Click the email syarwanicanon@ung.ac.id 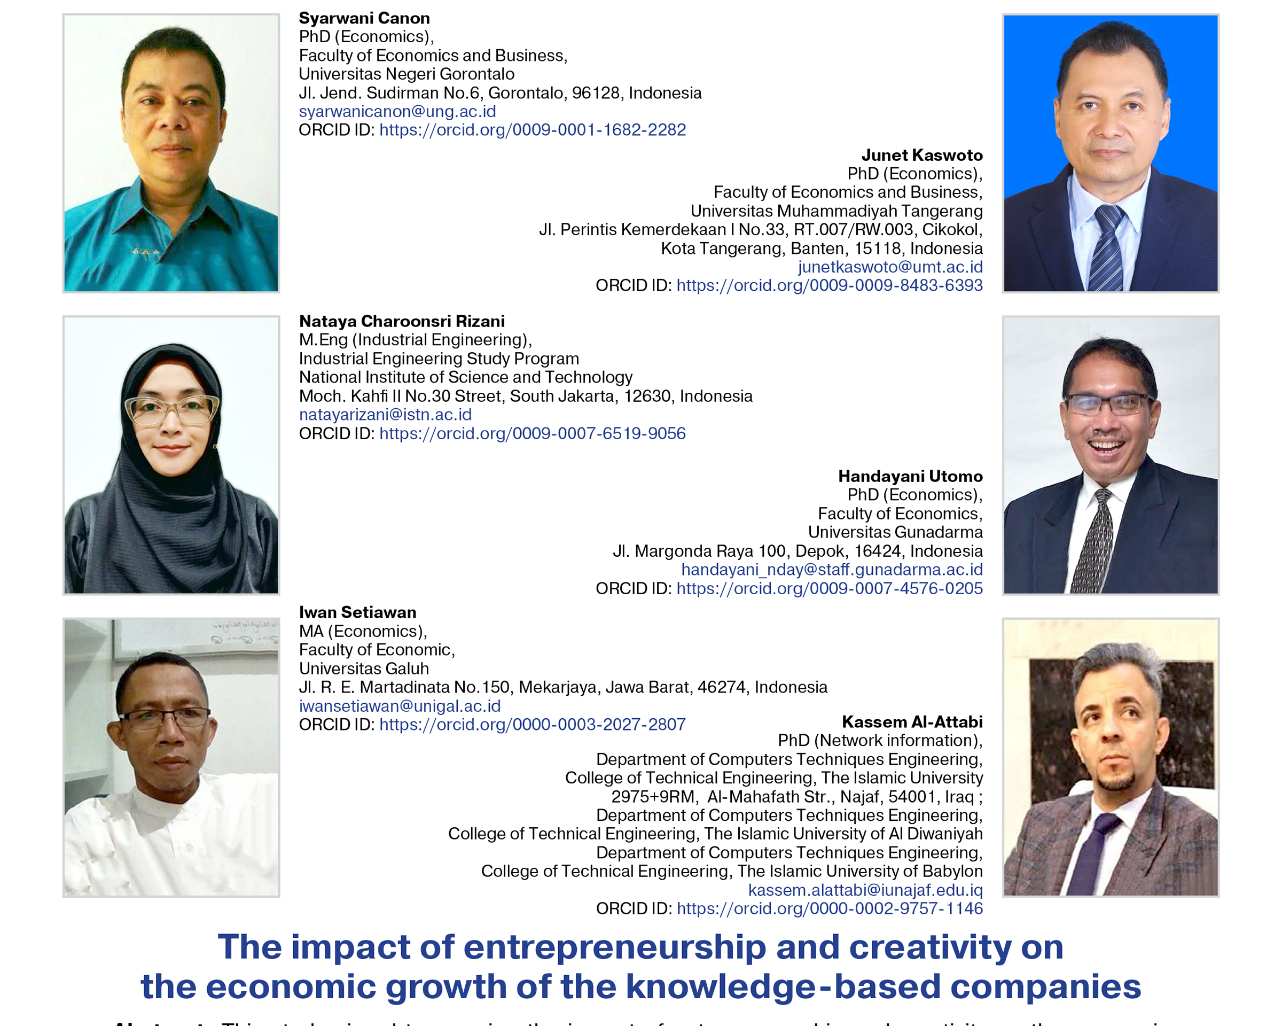click(397, 112)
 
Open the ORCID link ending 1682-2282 click(532, 130)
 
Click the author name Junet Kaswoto click(921, 156)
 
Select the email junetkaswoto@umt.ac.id click(890, 267)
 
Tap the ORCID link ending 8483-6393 click(829, 285)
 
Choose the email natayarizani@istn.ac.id click(385, 415)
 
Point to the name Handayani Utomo click(910, 477)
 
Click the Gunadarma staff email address click(831, 570)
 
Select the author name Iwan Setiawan click(357, 612)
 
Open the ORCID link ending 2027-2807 click(532, 725)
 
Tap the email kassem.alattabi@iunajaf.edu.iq click(865, 890)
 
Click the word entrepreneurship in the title click(614, 947)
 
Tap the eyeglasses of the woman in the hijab click(171, 409)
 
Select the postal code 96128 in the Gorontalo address click(596, 94)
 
